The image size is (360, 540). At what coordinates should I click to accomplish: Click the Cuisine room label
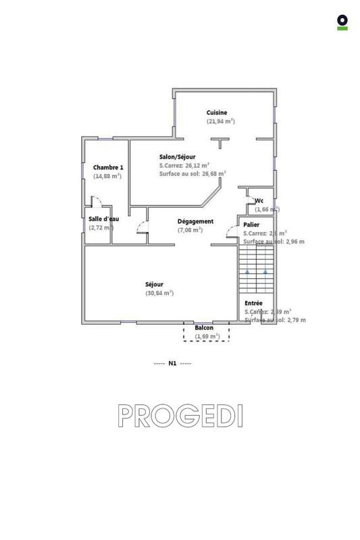[217, 113]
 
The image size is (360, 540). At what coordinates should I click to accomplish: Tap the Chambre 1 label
[108, 167]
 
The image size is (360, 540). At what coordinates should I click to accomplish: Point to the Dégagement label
[195, 221]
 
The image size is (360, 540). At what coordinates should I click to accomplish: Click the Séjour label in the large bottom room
[154, 284]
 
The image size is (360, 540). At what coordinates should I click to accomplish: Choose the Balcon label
[204, 328]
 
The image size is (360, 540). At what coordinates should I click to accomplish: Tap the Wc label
[259, 200]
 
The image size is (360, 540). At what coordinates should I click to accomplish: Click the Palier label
[251, 224]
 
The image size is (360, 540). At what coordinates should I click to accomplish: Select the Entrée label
[253, 303]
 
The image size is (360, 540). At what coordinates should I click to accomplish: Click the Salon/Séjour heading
[178, 156]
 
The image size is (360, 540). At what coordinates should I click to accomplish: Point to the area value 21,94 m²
[221, 122]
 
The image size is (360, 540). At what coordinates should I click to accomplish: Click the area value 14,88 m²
[107, 176]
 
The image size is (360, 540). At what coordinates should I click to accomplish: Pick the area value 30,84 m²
[159, 293]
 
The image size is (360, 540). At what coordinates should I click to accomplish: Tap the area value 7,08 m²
[190, 230]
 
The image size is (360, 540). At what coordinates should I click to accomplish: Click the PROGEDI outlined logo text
[180, 416]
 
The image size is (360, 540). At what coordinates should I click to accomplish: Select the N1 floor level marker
[172, 364]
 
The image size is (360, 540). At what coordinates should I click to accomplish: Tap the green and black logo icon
[342, 22]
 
